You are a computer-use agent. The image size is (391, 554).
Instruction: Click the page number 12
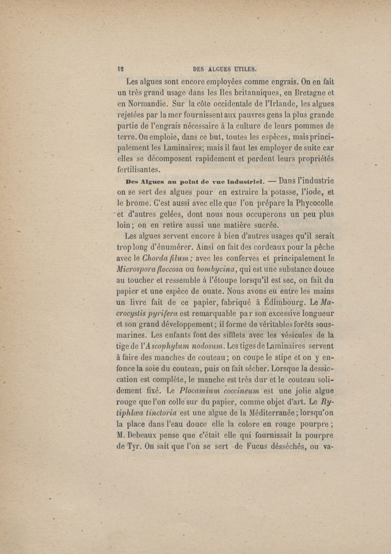coord(120,69)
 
